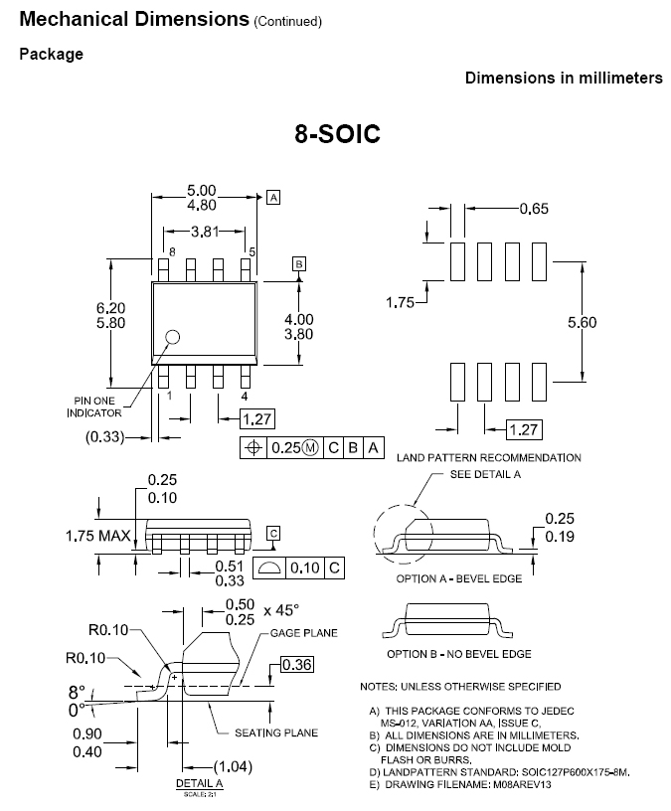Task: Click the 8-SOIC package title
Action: [x=337, y=134]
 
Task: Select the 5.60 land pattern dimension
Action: [x=582, y=323]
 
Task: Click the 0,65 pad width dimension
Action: [x=533, y=209]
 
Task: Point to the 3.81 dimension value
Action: [x=205, y=232]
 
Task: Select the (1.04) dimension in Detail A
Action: [x=235, y=766]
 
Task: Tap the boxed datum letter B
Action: [x=297, y=263]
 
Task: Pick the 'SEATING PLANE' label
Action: [x=276, y=732]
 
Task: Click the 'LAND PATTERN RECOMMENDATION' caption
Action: [x=488, y=457]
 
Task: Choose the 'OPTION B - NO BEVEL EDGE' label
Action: [x=459, y=653]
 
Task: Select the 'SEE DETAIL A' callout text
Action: [x=486, y=474]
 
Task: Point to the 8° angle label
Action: [x=78, y=692]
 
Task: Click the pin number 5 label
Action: [x=252, y=252]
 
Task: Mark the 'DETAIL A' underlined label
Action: [x=199, y=784]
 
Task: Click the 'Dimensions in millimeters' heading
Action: [x=564, y=78]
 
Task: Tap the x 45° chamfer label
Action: [x=283, y=604]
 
